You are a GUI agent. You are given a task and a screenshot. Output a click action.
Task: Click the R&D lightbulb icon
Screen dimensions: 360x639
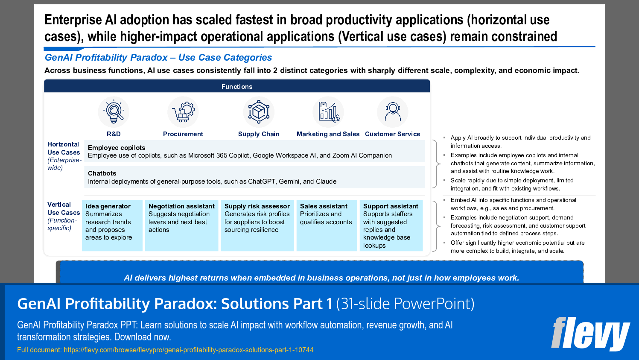point(114,112)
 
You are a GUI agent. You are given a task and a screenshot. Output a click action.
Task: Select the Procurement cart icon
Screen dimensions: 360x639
point(183,112)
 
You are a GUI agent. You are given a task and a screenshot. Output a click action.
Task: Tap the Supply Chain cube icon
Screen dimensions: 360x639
point(259,112)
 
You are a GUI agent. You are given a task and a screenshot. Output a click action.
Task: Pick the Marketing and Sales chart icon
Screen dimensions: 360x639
point(328,112)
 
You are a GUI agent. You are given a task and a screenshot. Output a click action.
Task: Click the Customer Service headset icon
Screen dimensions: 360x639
point(392,112)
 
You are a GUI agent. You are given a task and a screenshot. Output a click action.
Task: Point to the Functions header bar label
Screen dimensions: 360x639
point(237,87)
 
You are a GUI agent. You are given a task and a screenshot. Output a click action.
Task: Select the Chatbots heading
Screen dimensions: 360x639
point(102,173)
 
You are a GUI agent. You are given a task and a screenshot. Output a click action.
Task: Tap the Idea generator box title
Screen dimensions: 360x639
point(108,206)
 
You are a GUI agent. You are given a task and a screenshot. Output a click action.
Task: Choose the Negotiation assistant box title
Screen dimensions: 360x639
point(181,206)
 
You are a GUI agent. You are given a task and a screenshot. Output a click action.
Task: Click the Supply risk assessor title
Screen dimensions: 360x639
point(257,206)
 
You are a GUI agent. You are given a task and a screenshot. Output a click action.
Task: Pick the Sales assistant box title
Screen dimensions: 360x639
point(324,206)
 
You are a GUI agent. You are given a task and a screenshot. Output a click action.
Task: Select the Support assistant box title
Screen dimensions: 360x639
point(391,206)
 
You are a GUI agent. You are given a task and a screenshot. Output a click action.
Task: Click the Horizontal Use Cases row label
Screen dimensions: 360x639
point(64,148)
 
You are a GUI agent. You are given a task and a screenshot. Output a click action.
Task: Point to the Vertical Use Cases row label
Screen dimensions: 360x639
point(64,208)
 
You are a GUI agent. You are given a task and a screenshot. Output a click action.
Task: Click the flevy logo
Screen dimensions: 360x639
point(590,334)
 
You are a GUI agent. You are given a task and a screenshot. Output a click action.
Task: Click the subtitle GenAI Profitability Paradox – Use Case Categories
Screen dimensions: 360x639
point(158,58)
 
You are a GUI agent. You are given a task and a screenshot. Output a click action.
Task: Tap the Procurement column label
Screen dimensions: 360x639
point(183,134)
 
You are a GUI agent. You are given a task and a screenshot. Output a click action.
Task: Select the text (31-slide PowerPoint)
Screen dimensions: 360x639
point(405,304)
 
